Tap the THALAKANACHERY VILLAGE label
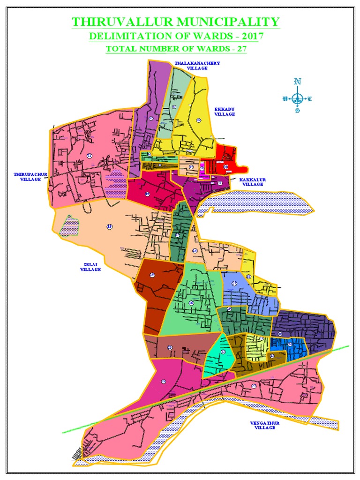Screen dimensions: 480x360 point(191,65)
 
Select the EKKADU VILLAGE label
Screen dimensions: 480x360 point(224,111)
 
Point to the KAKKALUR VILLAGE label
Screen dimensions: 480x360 point(252,182)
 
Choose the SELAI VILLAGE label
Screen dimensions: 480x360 point(90,267)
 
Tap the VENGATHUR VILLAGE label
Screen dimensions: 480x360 point(265,425)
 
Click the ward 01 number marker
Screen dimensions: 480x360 point(89,156)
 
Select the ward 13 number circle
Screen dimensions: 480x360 point(110,227)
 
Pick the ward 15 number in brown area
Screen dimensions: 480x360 point(152,275)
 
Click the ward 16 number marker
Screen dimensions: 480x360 point(191,303)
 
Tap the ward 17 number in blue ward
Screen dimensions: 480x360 point(234,284)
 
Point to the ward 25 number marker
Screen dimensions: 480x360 point(170,347)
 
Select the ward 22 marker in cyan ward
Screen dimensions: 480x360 point(223,352)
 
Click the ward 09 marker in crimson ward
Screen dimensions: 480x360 point(147,194)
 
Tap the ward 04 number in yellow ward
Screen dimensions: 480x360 point(199,121)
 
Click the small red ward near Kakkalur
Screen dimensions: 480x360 point(226,162)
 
